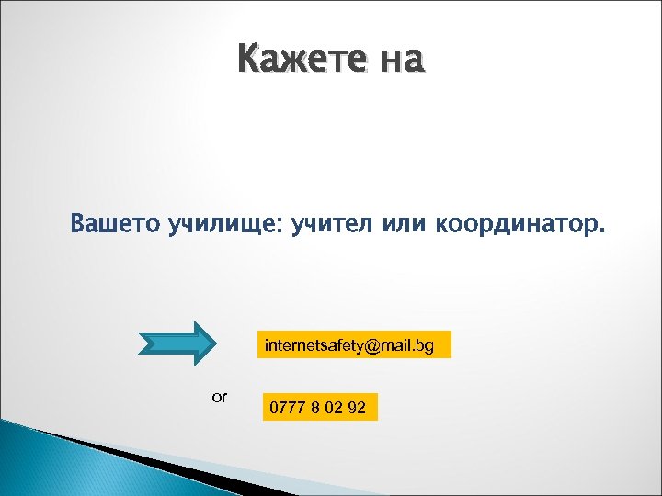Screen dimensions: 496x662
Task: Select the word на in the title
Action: coord(401,60)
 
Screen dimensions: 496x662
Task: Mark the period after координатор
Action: coord(603,231)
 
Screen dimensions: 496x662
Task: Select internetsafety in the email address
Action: coord(310,345)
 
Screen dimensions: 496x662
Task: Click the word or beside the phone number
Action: coord(220,398)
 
